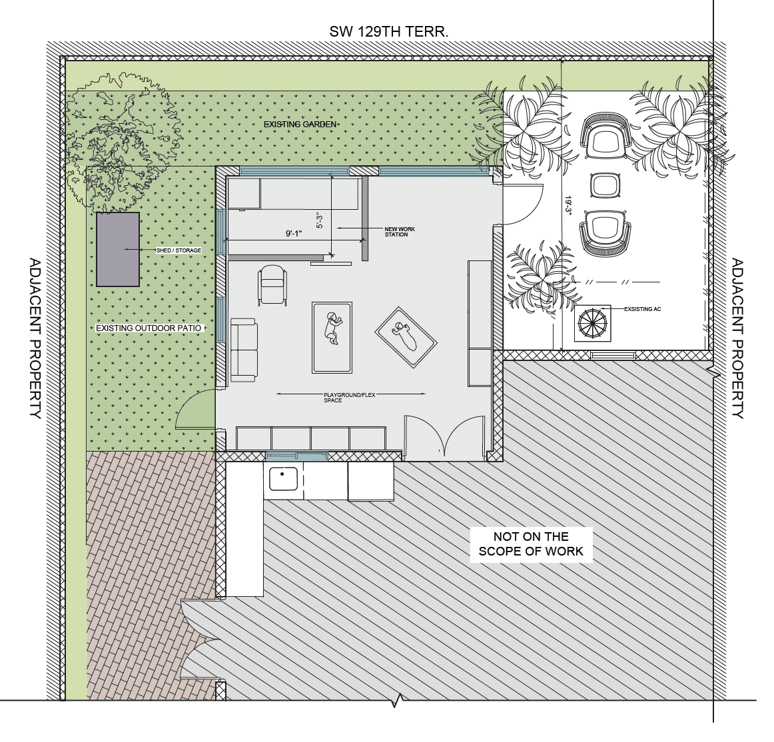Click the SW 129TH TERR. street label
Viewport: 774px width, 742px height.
(389, 32)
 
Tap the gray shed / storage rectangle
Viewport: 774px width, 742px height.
(117, 249)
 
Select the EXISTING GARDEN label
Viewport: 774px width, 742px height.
(300, 125)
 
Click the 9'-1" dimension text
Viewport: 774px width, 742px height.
(293, 234)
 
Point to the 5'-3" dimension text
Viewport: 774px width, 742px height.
(320, 220)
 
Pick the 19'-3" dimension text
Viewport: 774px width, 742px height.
(568, 205)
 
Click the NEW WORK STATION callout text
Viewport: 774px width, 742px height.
(400, 232)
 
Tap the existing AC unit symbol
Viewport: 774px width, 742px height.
(592, 323)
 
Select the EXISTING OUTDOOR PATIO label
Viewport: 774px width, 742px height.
(149, 328)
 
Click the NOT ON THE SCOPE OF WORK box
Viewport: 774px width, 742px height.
(531, 544)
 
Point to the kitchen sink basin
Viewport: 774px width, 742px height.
(283, 478)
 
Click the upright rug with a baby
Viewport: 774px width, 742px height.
(332, 337)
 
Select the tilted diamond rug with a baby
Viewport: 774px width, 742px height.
(406, 337)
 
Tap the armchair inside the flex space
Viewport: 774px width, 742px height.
(272, 285)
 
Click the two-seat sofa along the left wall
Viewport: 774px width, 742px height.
(243, 350)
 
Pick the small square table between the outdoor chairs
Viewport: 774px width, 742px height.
(605, 185)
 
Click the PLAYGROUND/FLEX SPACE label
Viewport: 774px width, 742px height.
(350, 398)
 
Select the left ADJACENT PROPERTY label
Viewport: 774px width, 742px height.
(35, 338)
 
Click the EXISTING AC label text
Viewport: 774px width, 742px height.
(642, 309)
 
